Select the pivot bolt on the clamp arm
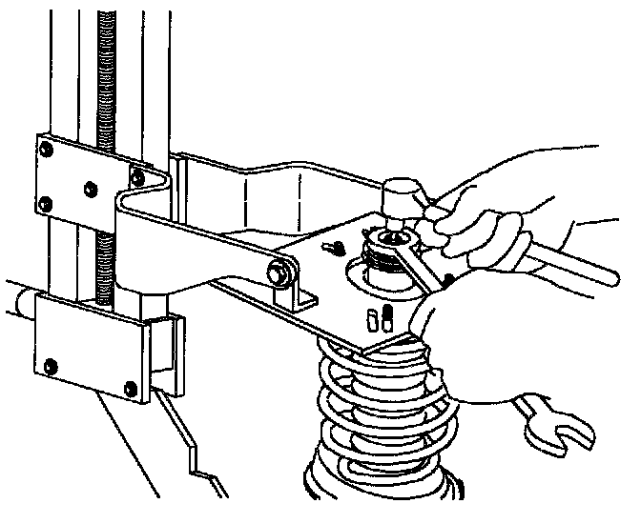(281, 272)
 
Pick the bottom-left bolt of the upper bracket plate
(45, 201)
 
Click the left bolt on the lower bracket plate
(51, 361)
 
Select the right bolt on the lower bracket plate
(130, 385)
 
